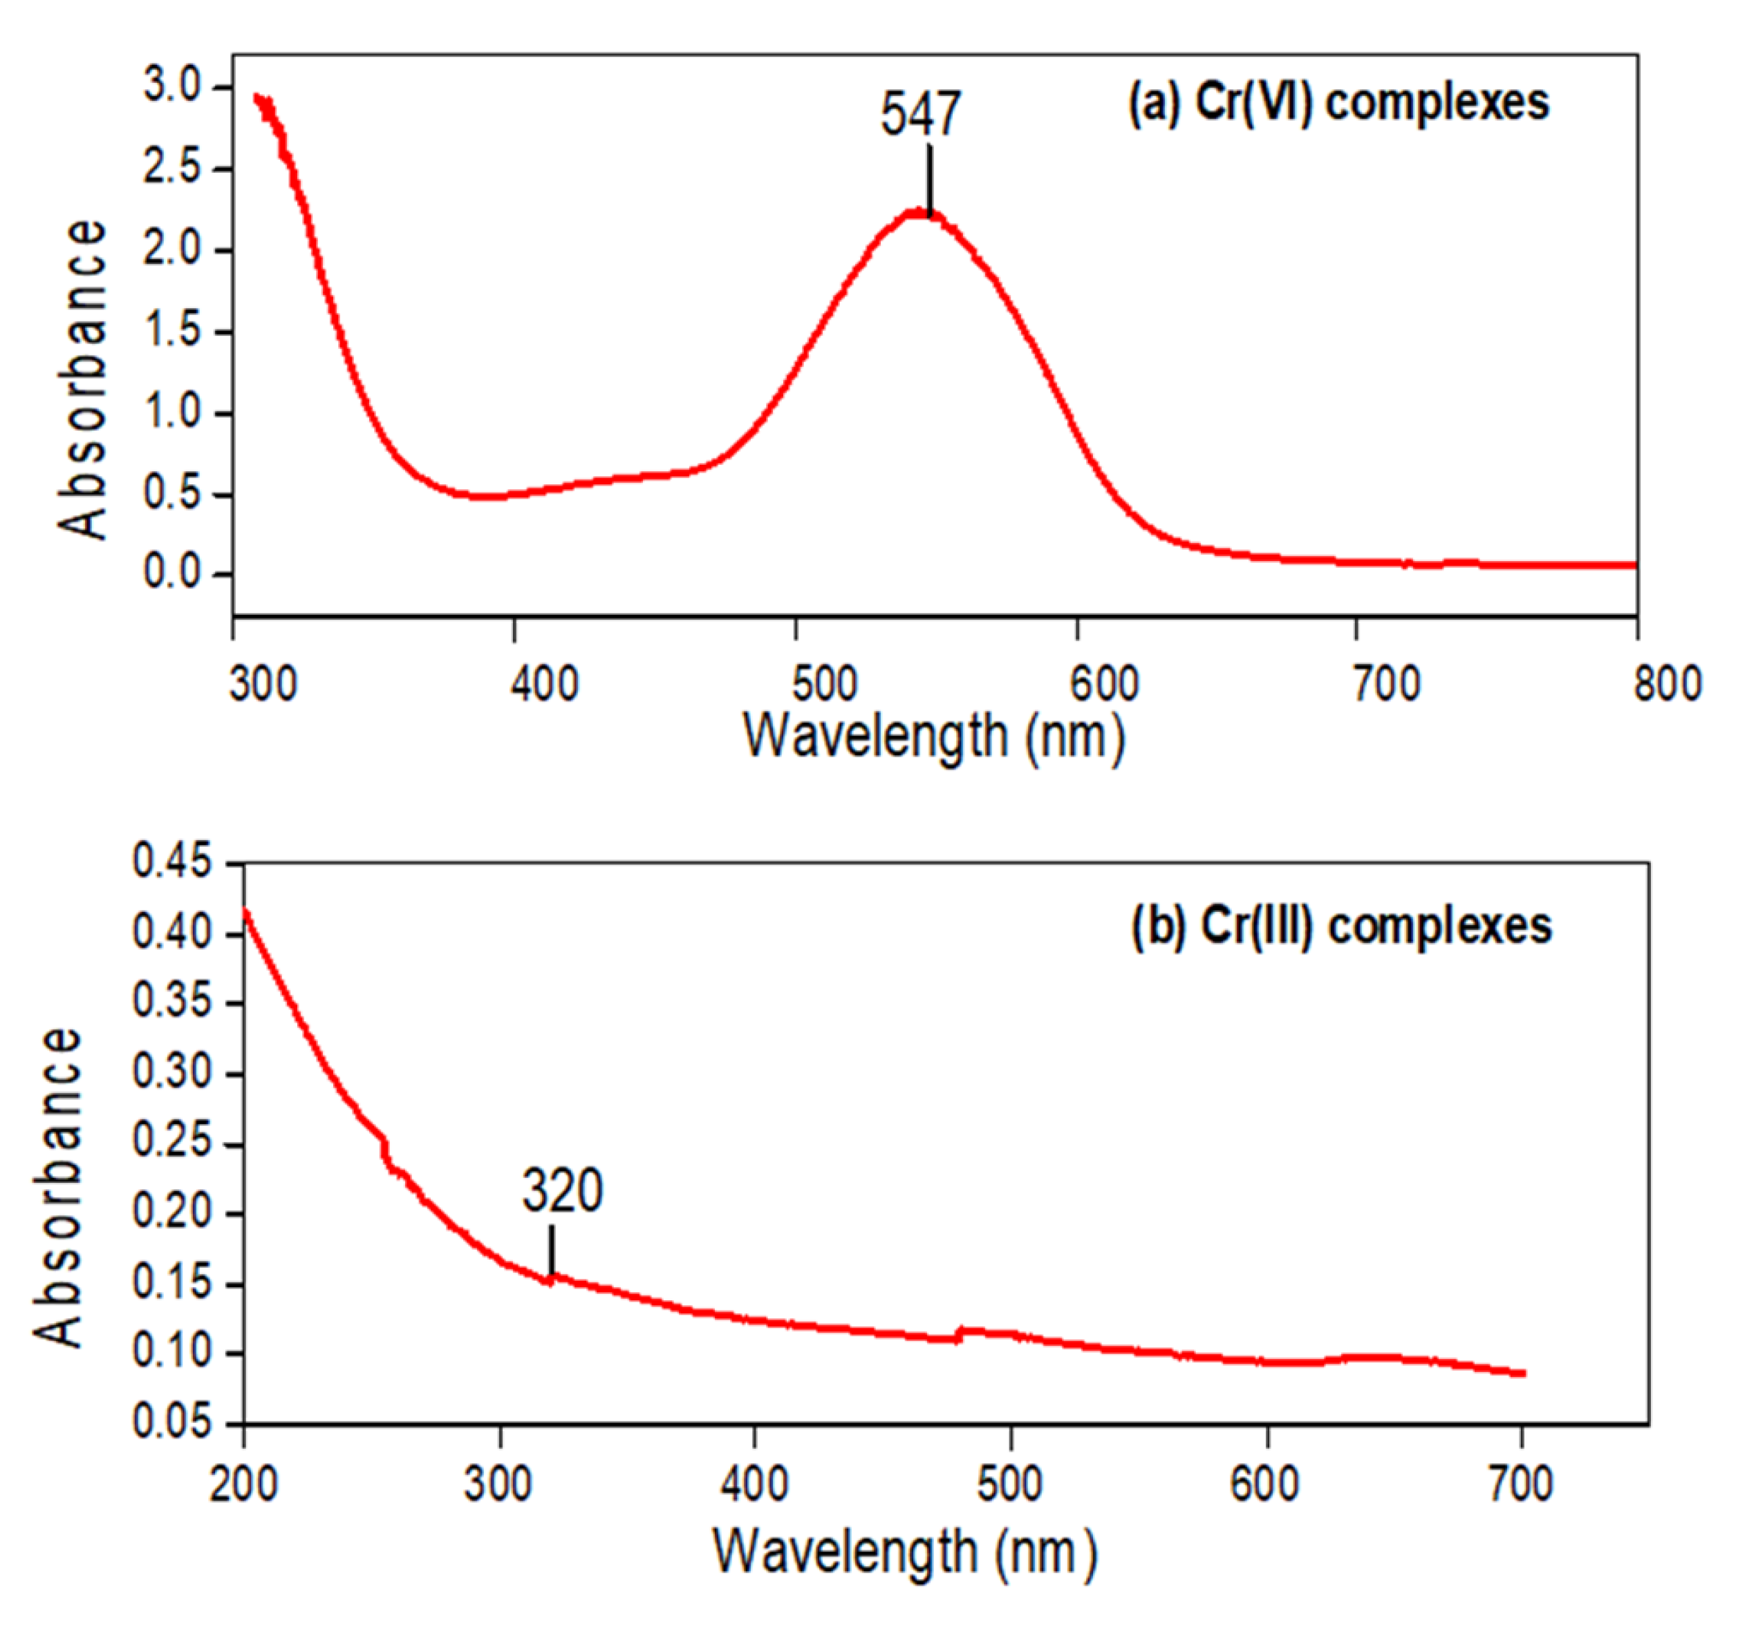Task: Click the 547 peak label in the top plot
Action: tap(921, 114)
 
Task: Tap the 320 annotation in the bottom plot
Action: tap(563, 1191)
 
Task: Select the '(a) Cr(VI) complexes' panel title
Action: tap(1338, 104)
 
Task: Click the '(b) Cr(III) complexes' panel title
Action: tap(1341, 926)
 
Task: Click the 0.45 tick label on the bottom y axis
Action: tap(172, 862)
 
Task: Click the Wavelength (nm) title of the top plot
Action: tap(933, 736)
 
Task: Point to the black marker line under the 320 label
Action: tap(552, 1250)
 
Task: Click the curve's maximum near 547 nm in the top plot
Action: tap(918, 213)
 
